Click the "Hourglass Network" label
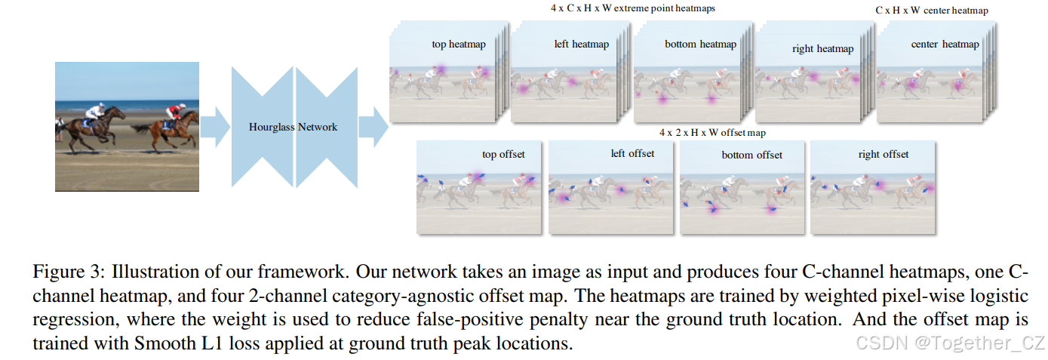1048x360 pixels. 293,127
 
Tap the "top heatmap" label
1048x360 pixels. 459,45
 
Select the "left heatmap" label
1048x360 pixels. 581,45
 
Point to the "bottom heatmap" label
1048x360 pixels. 700,45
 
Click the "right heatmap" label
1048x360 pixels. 823,49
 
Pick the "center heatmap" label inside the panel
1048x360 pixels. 945,45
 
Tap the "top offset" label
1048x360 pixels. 503,155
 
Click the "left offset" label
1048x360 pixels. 632,154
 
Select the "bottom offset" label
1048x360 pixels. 752,155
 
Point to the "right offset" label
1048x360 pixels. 883,155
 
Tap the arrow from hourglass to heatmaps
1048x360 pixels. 373,127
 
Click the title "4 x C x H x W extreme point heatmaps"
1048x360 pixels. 632,8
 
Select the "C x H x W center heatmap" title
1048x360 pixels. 931,11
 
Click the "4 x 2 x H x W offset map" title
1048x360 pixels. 711,133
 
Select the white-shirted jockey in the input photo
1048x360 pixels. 94,111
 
